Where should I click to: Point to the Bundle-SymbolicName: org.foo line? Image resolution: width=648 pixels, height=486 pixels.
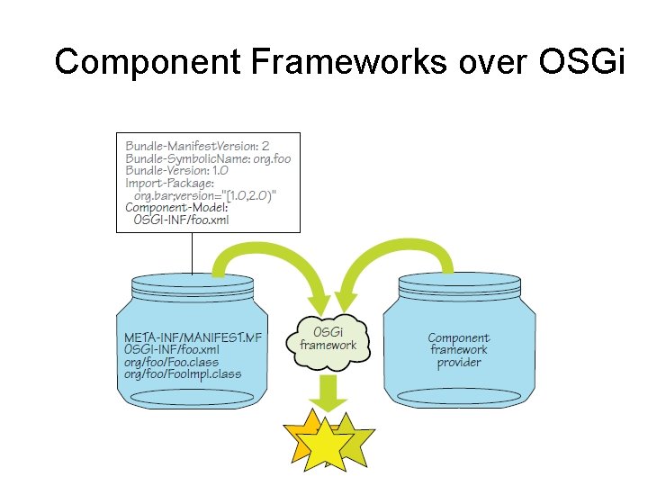pos(208,157)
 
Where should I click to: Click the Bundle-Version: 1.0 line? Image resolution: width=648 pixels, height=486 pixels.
pos(176,170)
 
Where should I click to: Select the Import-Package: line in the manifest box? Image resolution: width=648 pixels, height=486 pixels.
pos(169,183)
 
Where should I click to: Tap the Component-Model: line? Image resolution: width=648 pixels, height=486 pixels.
pos(175,207)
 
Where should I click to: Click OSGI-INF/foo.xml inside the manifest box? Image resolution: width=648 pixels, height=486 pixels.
pos(181,220)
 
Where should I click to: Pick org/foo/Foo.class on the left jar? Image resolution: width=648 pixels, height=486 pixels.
pos(171,362)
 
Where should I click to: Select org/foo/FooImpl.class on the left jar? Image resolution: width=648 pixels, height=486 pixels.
pos(183,374)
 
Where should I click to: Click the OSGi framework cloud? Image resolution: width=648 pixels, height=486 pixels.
pos(328,338)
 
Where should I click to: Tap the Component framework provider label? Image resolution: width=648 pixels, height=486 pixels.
pos(459,350)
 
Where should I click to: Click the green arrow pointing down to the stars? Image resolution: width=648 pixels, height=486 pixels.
pos(328,392)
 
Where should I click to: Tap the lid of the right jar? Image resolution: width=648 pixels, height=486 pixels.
pos(459,283)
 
